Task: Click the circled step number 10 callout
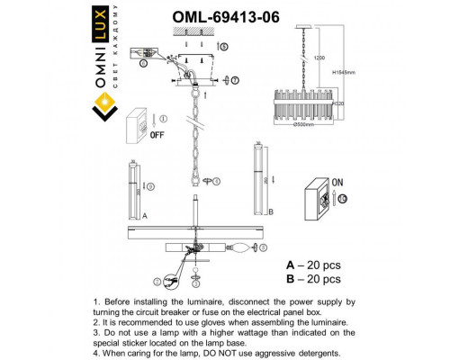tap(343, 197)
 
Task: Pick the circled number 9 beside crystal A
tap(150, 186)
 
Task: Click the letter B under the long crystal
tap(269, 213)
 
